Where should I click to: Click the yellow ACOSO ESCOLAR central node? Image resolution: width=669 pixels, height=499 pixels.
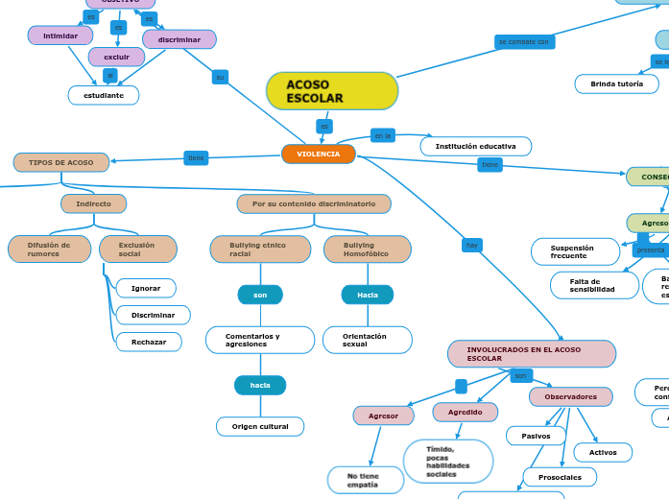[331, 91]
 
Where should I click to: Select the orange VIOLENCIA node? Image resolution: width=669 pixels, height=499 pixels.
[318, 154]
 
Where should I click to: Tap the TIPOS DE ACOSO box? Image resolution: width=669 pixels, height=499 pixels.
[61, 162]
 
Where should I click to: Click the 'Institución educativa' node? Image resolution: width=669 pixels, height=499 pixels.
[475, 146]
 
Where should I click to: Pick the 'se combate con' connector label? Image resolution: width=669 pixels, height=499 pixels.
[524, 42]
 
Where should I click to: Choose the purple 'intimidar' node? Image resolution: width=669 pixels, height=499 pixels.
[60, 36]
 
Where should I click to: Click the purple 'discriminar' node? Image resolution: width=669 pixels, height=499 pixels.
[179, 39]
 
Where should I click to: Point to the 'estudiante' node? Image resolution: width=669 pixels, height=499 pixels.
[104, 95]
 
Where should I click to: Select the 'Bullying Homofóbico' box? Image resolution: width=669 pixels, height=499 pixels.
[367, 249]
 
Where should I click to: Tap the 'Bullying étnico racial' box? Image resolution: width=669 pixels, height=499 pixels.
[260, 249]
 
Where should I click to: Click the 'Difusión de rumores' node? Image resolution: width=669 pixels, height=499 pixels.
[49, 249]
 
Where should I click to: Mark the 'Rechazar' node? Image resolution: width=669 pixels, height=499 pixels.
[149, 342]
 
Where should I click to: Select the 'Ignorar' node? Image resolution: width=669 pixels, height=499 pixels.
[146, 288]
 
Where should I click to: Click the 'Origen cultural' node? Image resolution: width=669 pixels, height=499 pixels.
[260, 426]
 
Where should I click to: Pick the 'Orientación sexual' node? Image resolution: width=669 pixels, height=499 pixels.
[367, 340]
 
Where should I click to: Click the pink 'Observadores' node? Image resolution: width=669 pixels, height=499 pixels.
[570, 396]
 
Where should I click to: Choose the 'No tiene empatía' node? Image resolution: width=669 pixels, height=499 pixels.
[364, 480]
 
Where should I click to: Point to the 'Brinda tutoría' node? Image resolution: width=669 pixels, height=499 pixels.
[616, 84]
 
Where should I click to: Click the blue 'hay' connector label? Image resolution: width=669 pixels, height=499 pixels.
[471, 246]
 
